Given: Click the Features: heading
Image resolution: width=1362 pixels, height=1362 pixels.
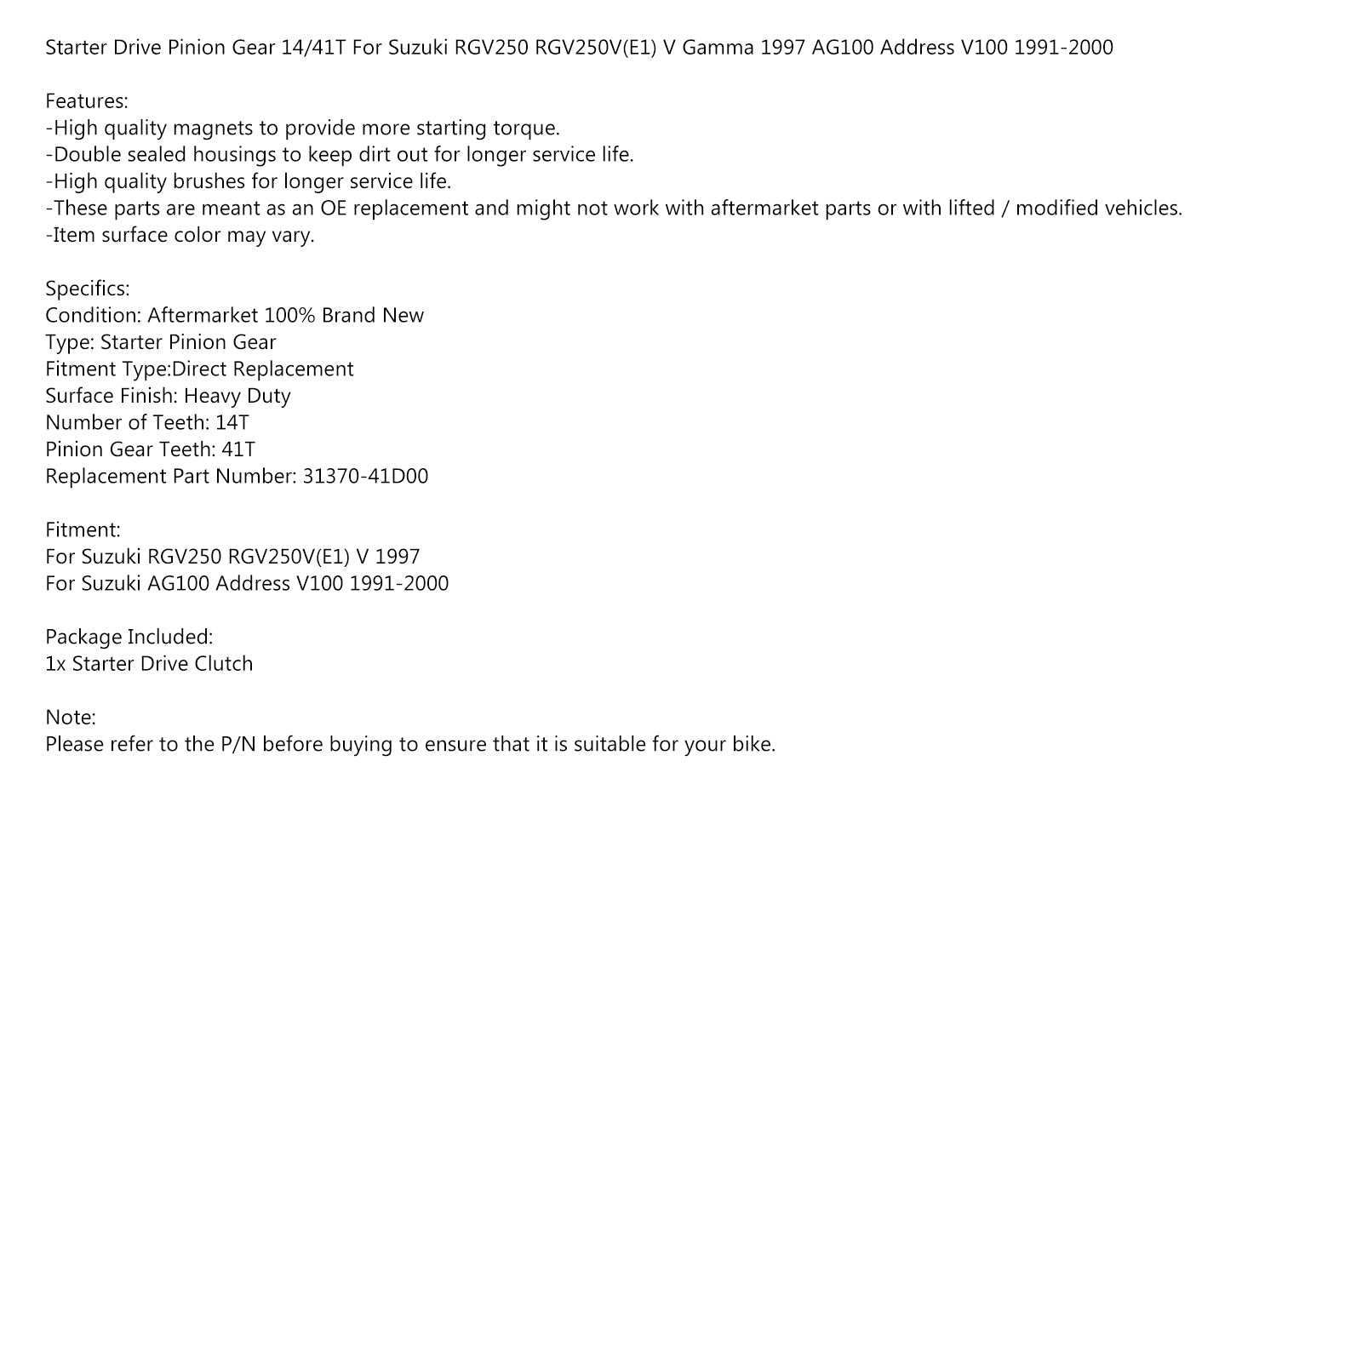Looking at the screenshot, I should point(87,101).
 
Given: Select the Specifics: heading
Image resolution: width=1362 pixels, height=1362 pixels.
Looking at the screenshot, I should point(88,289).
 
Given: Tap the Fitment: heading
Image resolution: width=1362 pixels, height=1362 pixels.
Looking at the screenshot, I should point(83,529).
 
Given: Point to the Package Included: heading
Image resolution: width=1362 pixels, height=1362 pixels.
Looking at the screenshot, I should point(129,637).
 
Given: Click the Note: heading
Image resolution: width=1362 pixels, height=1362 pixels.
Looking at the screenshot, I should point(71,718).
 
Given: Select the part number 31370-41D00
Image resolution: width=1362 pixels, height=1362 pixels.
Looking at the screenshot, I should point(365,476).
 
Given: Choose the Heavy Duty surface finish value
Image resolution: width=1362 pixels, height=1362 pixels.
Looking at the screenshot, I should point(237,396).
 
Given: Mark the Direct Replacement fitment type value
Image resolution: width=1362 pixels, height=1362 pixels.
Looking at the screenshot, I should point(263,369).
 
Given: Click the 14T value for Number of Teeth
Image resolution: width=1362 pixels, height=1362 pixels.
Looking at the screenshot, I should point(232,423).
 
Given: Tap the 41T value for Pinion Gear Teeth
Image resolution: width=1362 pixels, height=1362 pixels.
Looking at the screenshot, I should point(238,449).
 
